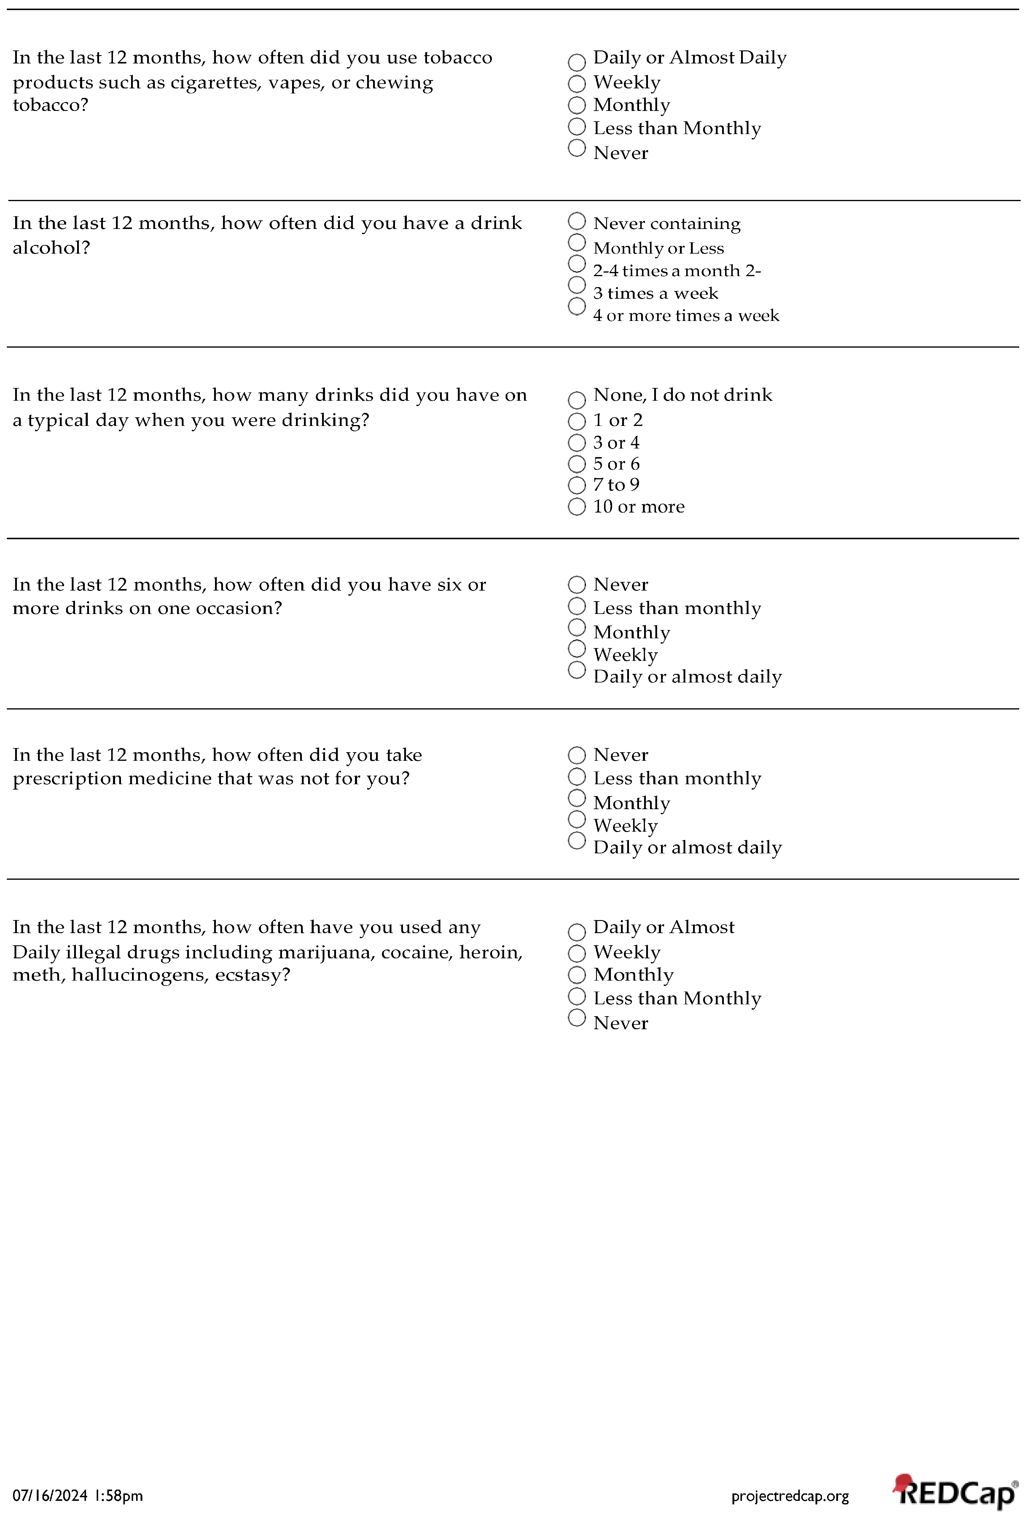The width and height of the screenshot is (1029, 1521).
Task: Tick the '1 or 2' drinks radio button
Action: (576, 421)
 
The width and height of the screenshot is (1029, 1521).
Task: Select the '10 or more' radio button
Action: (576, 507)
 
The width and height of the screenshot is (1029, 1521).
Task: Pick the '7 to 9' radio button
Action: (576, 485)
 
